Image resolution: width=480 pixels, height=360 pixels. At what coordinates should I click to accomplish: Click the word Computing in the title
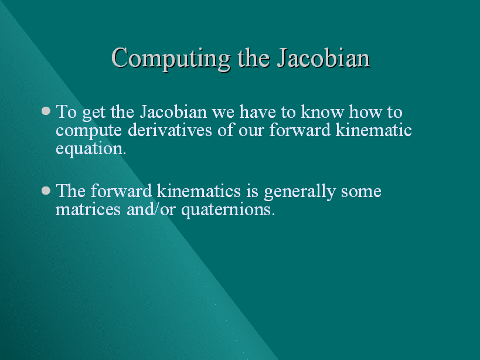coord(171,59)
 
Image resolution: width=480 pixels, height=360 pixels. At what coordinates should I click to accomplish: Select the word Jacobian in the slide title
coord(324,58)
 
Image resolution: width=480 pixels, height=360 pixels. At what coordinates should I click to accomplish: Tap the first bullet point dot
coord(46,110)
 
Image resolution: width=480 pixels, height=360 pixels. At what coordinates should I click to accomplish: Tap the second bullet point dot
coord(46,191)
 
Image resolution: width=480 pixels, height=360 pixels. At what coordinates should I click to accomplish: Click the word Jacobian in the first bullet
coord(173,111)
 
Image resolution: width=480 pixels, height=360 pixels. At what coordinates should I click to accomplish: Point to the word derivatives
coord(170,130)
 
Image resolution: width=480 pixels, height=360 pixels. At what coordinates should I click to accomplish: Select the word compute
coord(88,131)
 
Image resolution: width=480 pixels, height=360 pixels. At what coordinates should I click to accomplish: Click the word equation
coord(91,150)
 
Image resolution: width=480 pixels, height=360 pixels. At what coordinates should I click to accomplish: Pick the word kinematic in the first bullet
coord(374,130)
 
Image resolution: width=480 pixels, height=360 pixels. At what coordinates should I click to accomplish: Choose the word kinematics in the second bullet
coord(199,191)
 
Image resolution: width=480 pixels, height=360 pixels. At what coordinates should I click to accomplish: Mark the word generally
coord(300,192)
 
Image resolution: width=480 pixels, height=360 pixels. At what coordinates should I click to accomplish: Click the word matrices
coord(88,210)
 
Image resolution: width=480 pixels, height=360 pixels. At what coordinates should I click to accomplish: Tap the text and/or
coord(151,209)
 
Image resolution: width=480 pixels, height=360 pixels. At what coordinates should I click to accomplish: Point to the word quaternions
coord(228,210)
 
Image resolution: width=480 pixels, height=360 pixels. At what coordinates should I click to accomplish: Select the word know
coord(322,111)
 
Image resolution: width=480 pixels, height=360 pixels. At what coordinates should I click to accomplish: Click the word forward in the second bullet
coord(121,191)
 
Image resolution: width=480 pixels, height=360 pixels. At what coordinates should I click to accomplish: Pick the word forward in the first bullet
coord(300,130)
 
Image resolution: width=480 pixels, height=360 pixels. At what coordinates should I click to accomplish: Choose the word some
coord(361,192)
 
